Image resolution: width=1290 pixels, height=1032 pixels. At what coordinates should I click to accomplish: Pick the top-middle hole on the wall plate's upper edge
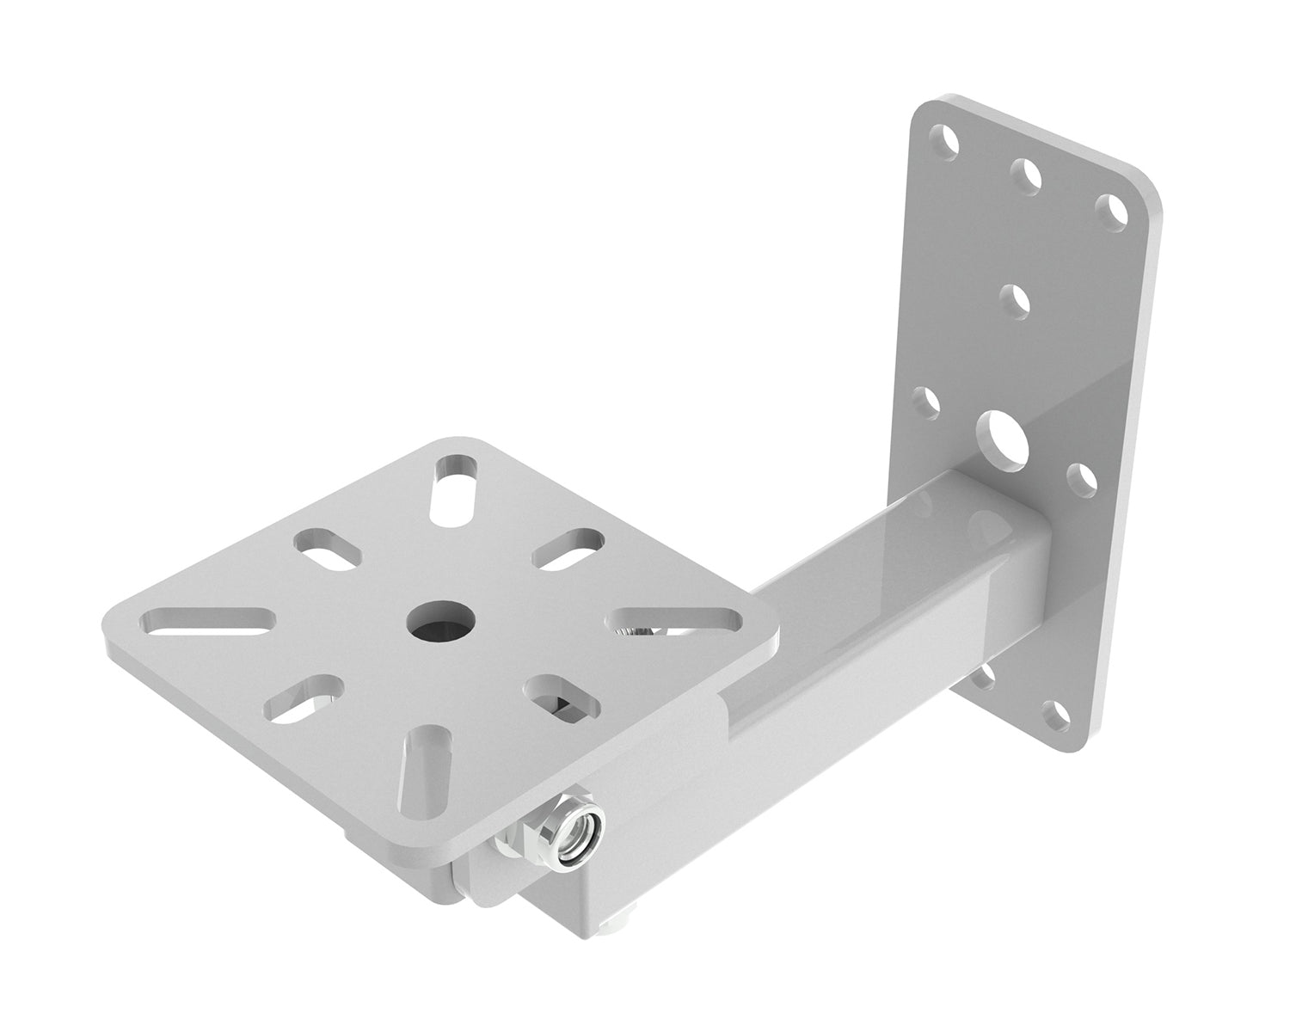pyautogui.click(x=1027, y=175)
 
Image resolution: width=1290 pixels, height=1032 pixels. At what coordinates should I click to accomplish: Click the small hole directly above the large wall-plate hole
pyautogui.click(x=1017, y=301)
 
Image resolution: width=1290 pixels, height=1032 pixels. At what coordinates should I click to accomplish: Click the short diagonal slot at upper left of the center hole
pyautogui.click(x=329, y=549)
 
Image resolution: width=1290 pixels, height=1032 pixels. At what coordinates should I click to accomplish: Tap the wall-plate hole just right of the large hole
pyautogui.click(x=1080, y=478)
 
